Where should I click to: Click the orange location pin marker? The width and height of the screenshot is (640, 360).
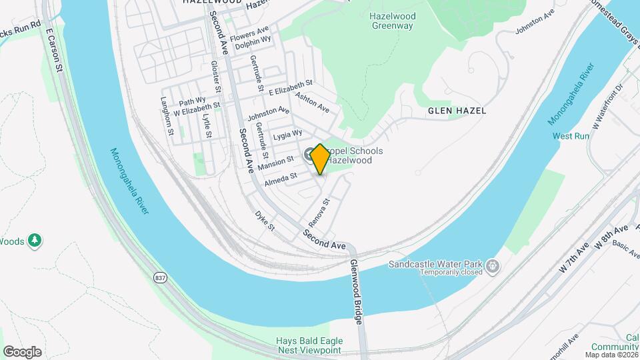(320, 159)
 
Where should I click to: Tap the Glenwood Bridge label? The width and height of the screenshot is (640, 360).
(356, 291)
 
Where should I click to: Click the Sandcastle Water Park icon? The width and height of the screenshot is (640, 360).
(493, 267)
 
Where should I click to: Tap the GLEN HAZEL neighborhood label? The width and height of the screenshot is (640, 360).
(457, 110)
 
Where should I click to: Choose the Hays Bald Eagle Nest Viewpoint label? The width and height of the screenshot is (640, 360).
(309, 345)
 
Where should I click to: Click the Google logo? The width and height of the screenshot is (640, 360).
(22, 352)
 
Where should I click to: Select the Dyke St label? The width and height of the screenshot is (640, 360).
(265, 221)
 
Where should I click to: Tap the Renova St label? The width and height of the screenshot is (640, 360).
(318, 212)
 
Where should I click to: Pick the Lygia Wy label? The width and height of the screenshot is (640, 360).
(288, 137)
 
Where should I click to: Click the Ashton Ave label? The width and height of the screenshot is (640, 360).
(313, 103)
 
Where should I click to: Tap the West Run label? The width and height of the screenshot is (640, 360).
(571, 136)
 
